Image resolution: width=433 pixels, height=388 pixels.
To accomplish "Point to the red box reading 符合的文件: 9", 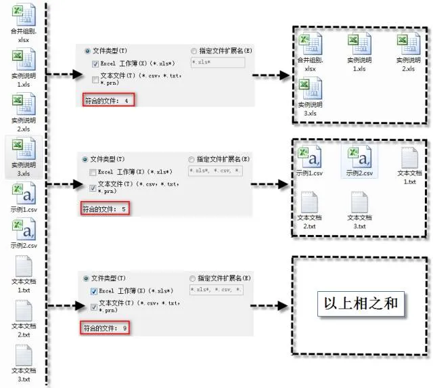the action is (106, 328).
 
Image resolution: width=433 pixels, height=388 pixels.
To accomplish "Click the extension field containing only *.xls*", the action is (216, 63).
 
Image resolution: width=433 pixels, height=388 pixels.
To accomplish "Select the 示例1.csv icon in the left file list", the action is (24, 196).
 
